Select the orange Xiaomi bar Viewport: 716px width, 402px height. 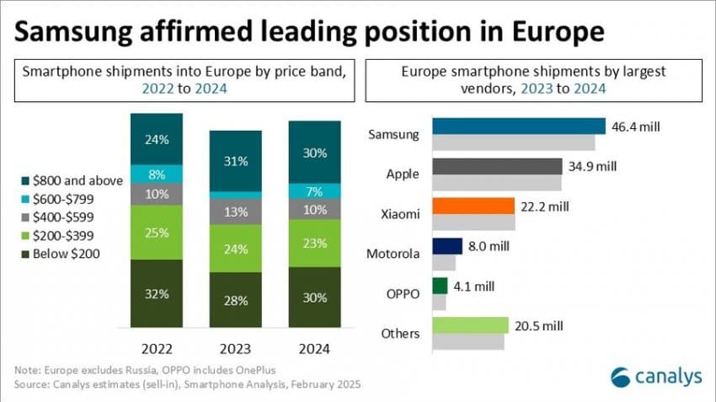tap(473, 206)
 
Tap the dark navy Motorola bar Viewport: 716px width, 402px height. tap(447, 245)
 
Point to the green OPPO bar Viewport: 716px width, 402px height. tap(439, 286)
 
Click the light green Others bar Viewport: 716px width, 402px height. tap(470, 325)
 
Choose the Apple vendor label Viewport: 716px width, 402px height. tap(403, 174)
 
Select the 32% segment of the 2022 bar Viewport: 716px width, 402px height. tap(157, 293)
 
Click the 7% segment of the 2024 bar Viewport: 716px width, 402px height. tap(314, 190)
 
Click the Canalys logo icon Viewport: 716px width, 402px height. tap(622, 377)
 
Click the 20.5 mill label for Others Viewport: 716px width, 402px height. tap(538, 325)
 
